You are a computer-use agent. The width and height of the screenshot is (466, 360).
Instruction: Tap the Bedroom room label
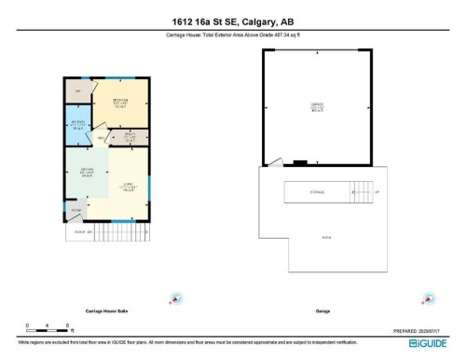click(x=120, y=100)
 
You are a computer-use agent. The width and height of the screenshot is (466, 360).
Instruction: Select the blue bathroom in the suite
click(x=77, y=128)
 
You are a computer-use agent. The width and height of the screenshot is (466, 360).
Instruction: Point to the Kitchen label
click(x=88, y=171)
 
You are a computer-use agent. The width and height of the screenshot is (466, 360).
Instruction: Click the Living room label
click(x=128, y=187)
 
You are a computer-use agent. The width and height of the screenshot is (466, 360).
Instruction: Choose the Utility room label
click(x=130, y=136)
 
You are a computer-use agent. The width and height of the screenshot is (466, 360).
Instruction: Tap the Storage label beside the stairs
click(x=317, y=193)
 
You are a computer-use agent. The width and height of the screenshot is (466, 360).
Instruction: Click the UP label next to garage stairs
click(x=376, y=193)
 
